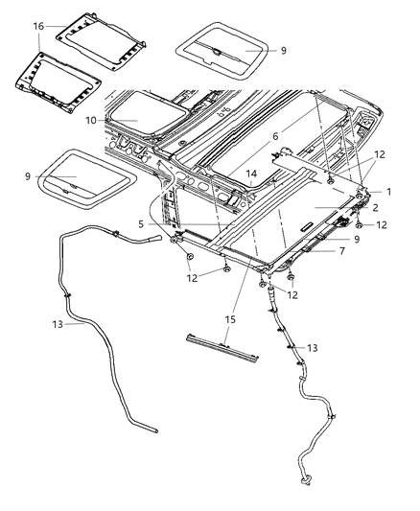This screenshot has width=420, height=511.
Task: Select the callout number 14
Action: pos(250,174)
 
